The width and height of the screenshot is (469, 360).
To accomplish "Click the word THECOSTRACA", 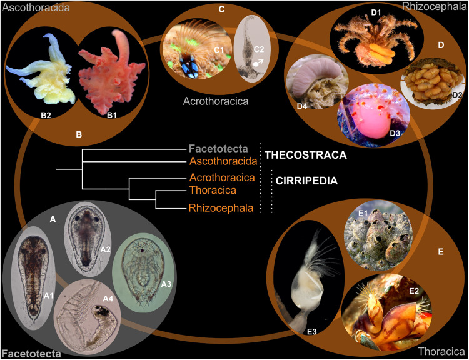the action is click(305, 155).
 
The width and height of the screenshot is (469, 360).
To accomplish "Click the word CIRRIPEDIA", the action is click(306, 181).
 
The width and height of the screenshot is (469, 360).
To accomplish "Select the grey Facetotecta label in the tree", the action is click(218, 149).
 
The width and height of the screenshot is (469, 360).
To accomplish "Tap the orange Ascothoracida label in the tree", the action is click(223, 161).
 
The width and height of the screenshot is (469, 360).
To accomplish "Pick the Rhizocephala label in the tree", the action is click(221, 207).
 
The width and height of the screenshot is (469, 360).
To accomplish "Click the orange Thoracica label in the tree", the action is click(213, 190).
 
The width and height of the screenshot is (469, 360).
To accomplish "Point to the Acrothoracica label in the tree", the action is click(222, 177).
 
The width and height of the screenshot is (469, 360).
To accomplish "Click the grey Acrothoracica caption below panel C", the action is click(216, 101).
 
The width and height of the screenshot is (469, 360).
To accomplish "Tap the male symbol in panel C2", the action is click(258, 62).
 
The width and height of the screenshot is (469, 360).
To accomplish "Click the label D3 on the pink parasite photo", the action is click(395, 132).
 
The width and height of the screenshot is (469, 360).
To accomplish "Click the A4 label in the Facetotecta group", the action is click(108, 298).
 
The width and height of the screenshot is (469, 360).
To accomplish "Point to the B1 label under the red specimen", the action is click(111, 115).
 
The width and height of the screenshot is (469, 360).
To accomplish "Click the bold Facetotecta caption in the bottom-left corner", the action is click(31, 354).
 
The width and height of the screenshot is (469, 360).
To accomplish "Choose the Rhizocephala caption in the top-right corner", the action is click(435, 7).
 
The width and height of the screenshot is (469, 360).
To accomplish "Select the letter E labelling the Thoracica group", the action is click(441, 251).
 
